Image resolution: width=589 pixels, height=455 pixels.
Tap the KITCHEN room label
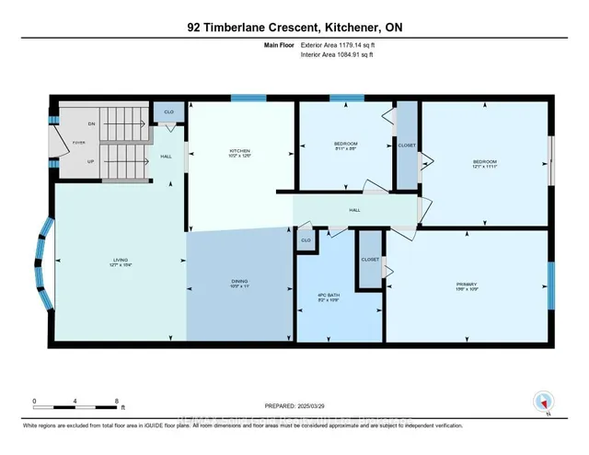tap(240, 153)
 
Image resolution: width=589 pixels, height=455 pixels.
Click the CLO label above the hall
tap(168, 111)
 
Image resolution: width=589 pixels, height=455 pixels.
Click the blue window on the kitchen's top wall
tap(242, 99)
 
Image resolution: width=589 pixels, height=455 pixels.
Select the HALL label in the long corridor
tap(354, 210)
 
